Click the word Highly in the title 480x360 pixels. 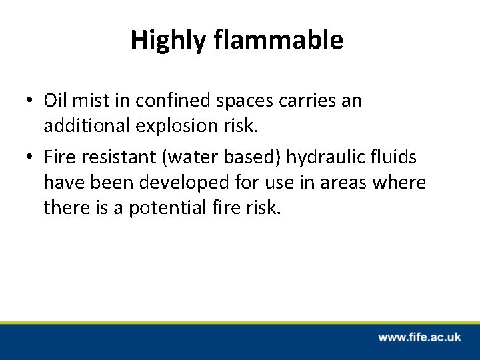pyautogui.click(x=169, y=41)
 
